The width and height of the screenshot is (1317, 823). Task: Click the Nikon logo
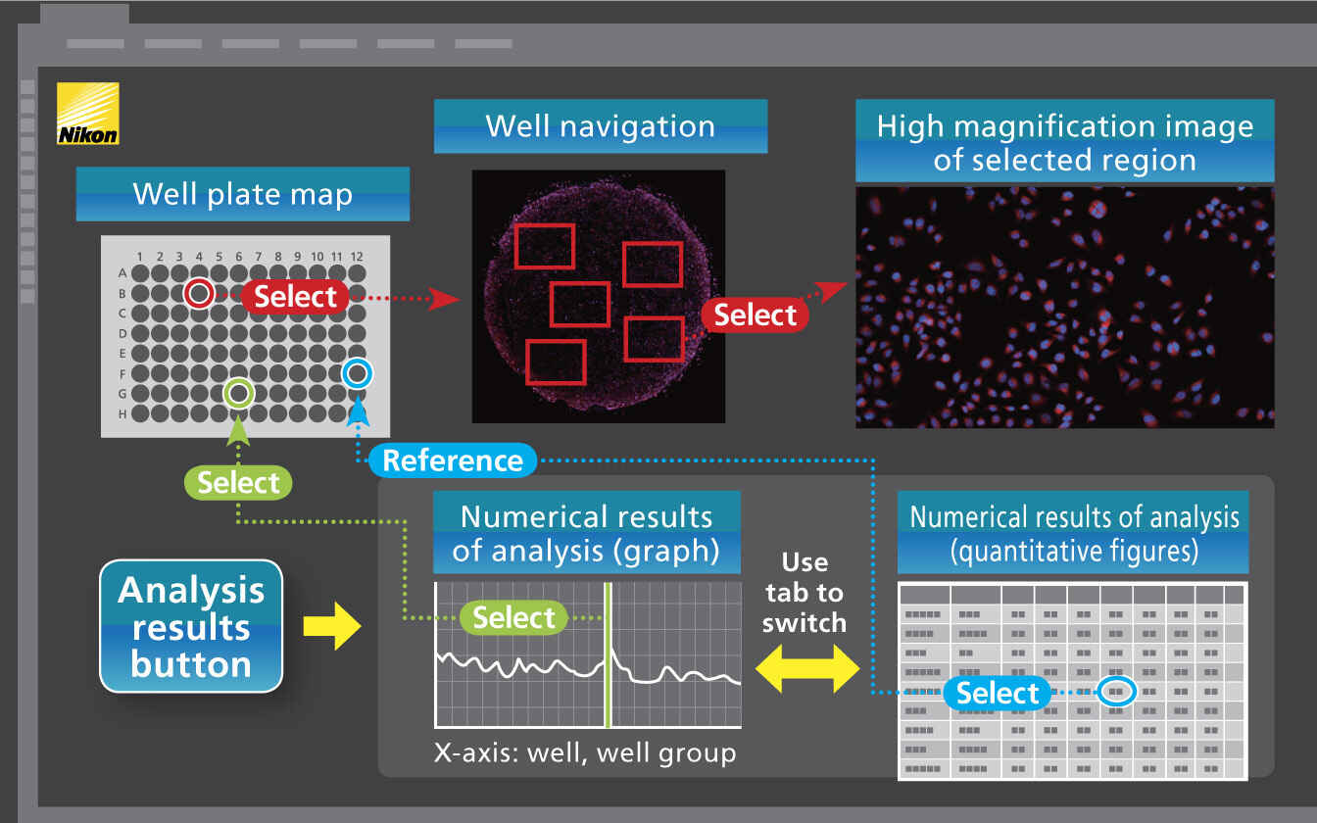(x=88, y=114)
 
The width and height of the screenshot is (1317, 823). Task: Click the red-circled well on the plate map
(x=199, y=293)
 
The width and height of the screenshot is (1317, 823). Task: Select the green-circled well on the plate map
(x=238, y=394)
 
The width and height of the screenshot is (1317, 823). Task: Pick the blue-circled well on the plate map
(x=357, y=373)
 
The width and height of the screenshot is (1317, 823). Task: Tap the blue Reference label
(x=452, y=460)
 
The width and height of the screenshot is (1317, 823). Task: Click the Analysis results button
(x=191, y=627)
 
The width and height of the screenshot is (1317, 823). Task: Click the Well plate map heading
(x=242, y=194)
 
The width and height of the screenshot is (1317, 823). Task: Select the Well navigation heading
(x=600, y=126)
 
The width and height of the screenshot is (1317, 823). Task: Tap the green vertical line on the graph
(x=608, y=686)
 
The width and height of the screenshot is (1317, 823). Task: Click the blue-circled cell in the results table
(x=1115, y=692)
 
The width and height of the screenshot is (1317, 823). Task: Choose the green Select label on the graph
(x=513, y=617)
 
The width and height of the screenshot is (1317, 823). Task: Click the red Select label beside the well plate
(x=295, y=296)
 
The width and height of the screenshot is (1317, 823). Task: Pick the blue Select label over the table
(x=997, y=694)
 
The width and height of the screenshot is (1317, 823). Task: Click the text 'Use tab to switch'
(x=804, y=592)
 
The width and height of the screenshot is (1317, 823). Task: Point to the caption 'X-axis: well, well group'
(x=585, y=753)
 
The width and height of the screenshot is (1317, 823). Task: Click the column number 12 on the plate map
(x=357, y=257)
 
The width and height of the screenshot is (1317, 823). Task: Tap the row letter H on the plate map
(x=122, y=413)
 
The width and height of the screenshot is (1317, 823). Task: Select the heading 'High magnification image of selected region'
(x=1064, y=142)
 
